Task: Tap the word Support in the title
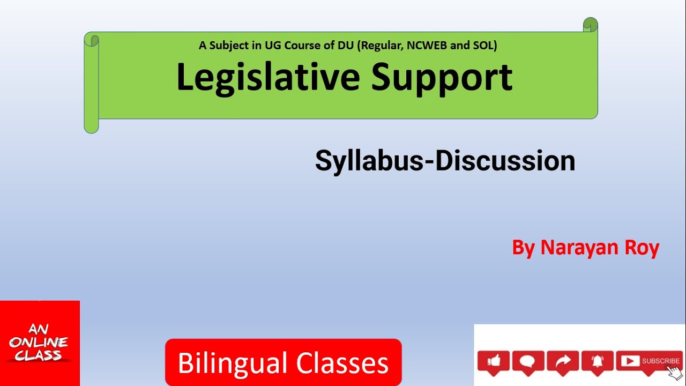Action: (442, 77)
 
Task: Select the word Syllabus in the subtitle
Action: (369, 161)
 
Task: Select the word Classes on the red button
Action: (342, 363)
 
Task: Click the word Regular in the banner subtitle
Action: (382, 46)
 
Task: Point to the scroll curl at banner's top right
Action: (590, 25)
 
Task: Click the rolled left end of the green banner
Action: (92, 83)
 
